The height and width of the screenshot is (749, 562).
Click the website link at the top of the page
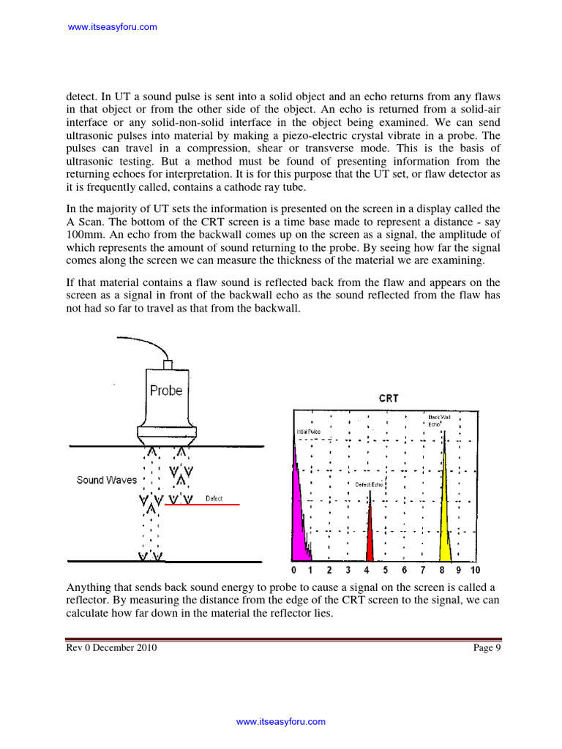pyautogui.click(x=112, y=27)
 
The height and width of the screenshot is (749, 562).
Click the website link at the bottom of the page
pyautogui.click(x=280, y=722)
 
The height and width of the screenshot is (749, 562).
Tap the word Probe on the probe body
pyautogui.click(x=166, y=391)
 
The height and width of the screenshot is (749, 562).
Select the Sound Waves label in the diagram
pyautogui.click(x=107, y=481)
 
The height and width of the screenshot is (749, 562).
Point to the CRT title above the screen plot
pyautogui.click(x=389, y=399)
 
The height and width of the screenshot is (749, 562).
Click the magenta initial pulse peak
pyautogui.click(x=298, y=512)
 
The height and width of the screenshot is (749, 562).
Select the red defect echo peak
pyautogui.click(x=370, y=534)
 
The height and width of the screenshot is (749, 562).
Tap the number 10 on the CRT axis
pyautogui.click(x=475, y=571)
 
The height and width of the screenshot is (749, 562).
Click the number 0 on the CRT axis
pyautogui.click(x=293, y=571)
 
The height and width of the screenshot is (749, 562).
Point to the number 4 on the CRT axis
pyautogui.click(x=366, y=571)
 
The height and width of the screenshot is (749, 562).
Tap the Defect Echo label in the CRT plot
pyautogui.click(x=370, y=485)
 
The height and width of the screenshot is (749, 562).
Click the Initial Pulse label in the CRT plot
pyautogui.click(x=308, y=432)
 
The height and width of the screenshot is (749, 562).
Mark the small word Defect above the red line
pyautogui.click(x=214, y=499)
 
